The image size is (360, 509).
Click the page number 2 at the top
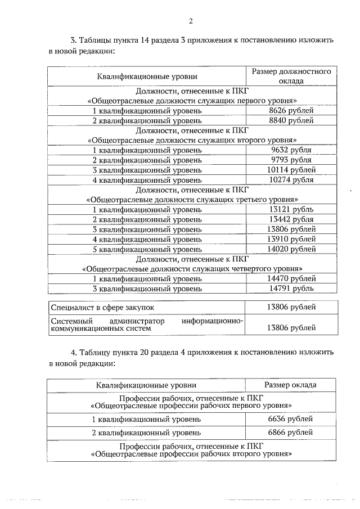191,21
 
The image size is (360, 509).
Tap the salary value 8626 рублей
291,110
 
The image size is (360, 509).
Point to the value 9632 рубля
291,150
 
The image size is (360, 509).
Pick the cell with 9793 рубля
291,160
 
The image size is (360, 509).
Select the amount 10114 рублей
291,170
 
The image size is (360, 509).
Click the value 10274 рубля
291,180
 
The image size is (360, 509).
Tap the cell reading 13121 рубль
291,210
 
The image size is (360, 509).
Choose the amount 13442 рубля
291,219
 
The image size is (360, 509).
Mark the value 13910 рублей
291,239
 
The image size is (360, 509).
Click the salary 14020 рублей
291,249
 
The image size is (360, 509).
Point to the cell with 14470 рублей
291,279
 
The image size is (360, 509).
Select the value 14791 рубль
291,289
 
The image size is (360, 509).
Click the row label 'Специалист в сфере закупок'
102,308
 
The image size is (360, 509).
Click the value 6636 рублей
291,420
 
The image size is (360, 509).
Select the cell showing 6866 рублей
291,434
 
